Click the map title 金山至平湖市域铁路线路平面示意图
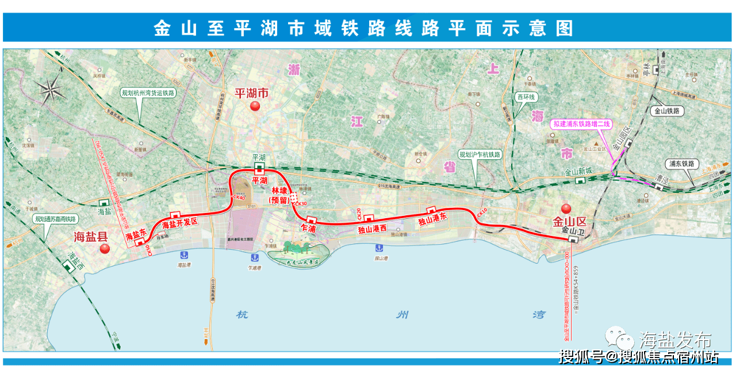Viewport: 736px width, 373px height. pos(363,28)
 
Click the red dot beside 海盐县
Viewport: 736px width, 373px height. pos(105,249)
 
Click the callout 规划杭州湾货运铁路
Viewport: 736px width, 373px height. pos(148,93)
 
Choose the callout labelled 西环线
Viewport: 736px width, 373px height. pos(525,97)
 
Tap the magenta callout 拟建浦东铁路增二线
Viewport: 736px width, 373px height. pos(582,124)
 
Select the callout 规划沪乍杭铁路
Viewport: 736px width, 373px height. pos(480,154)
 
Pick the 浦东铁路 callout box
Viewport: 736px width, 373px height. pos(682,164)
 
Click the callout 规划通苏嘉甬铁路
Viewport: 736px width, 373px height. pos(55,219)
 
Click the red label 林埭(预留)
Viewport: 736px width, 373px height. pos(280,195)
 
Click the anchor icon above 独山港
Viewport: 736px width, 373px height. pos(378,248)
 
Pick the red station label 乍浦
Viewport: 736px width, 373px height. pos(309,229)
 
